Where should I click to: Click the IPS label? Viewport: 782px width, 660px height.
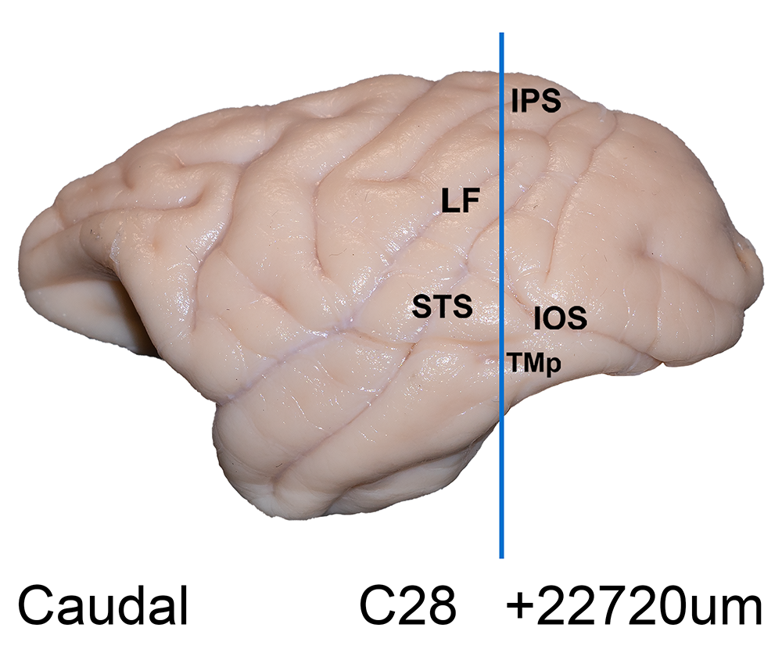(x=536, y=101)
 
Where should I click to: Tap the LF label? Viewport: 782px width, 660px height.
(x=461, y=200)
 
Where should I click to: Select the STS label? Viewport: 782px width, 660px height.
(x=443, y=307)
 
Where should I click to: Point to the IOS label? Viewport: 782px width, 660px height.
(x=560, y=318)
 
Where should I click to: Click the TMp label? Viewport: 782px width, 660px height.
(x=533, y=363)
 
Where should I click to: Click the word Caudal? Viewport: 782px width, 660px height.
(x=102, y=605)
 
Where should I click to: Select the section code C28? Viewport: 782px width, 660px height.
(x=407, y=605)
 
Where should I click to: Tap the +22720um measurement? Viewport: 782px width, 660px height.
(x=634, y=607)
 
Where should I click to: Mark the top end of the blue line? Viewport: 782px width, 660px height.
(x=502, y=33)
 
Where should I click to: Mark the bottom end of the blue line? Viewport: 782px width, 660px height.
(x=502, y=558)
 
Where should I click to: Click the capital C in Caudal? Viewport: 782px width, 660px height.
(x=35, y=605)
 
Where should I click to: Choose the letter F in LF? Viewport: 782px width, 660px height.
(x=470, y=200)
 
